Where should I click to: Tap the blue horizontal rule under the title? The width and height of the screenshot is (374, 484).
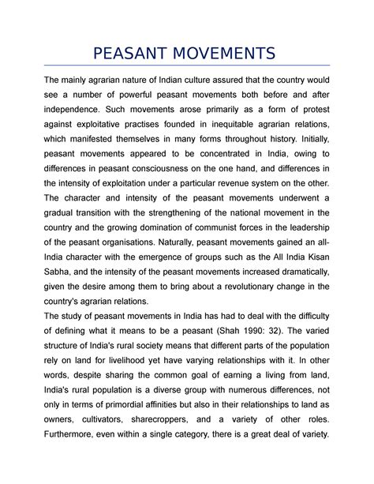pyautogui.click(x=187, y=66)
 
